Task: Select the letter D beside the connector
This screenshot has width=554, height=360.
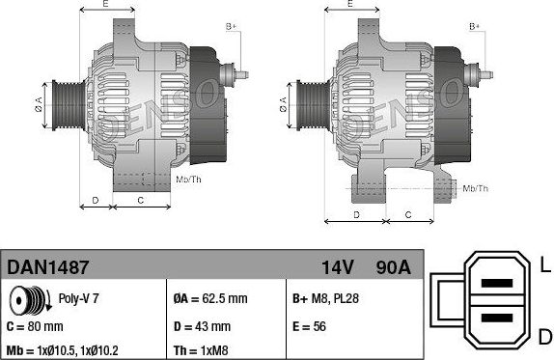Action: [544, 335]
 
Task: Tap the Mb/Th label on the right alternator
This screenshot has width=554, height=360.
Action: [474, 188]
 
